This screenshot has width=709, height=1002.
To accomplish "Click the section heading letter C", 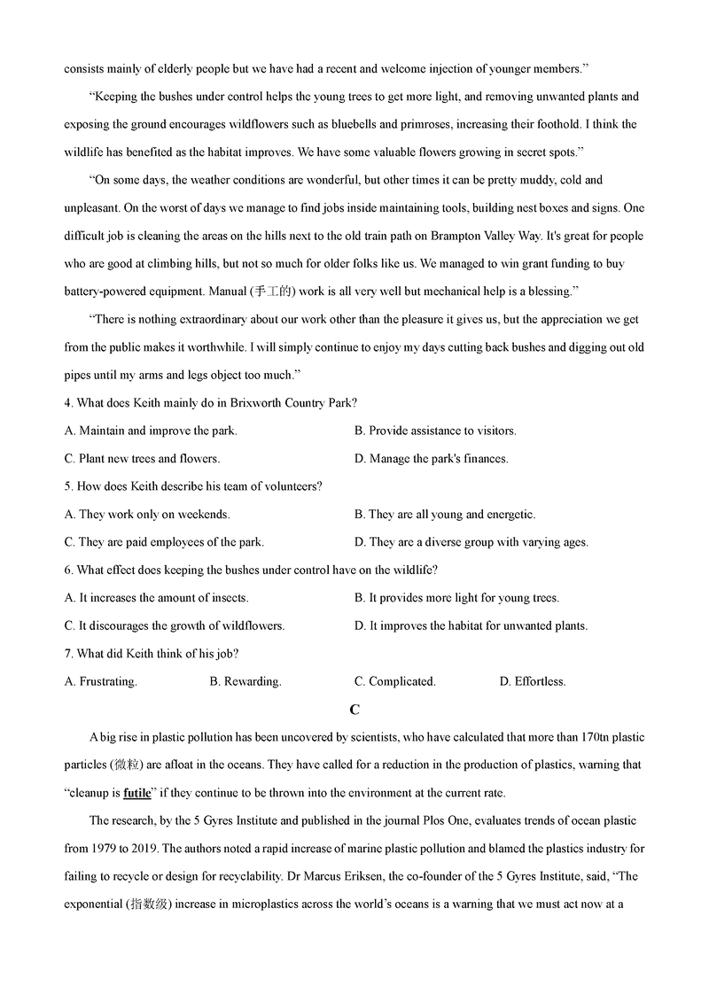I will pos(354,710).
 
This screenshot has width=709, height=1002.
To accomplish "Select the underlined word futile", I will pos(137,793).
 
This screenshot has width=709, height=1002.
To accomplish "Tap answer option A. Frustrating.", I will pos(101,681).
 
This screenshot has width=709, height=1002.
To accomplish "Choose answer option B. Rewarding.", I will pos(245,681).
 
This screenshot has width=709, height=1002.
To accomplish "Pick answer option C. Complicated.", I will pos(394,681).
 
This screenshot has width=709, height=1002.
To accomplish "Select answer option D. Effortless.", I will pos(533,681).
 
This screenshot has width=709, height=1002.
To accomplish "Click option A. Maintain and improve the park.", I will pos(151,431).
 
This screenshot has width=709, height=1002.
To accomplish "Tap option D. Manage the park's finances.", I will pos(432,459).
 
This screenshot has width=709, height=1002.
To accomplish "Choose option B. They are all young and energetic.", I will pos(445,514).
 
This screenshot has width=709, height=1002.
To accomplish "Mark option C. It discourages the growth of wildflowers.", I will pos(175,625).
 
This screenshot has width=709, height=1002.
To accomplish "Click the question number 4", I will pos(68,402).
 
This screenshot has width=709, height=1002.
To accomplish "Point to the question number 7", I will pos(68,654).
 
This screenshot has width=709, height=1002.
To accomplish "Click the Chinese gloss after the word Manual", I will pos(274,291).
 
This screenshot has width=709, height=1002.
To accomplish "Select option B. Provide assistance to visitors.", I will pos(435,431).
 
